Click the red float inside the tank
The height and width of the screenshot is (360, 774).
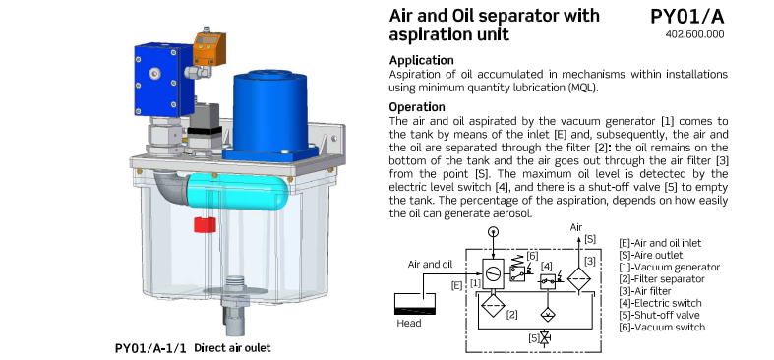pos(205,224)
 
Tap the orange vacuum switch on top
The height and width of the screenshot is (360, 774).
pos(209,48)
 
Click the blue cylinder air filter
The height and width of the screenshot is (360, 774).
pos(270,113)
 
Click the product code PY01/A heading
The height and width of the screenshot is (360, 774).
pos(687,17)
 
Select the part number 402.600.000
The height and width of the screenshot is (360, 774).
pos(694,34)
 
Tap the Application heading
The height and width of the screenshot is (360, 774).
pos(421,60)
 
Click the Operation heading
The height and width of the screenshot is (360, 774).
pos(417,107)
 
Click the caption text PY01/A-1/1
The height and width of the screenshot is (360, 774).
pos(150,348)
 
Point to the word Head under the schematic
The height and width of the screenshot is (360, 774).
pos(409,324)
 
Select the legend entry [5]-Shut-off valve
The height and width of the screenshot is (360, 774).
pos(659,315)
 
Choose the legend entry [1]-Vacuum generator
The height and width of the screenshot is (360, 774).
pos(669,268)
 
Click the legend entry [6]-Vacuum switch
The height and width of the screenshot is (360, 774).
pos(662,327)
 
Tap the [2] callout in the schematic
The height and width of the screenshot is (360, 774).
pos(511,314)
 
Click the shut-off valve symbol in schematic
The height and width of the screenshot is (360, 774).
pos(546,337)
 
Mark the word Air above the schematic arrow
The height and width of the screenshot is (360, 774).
pos(576,227)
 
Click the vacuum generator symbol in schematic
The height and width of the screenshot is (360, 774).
pos(493,273)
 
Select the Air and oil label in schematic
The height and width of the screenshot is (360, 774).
pos(430,265)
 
